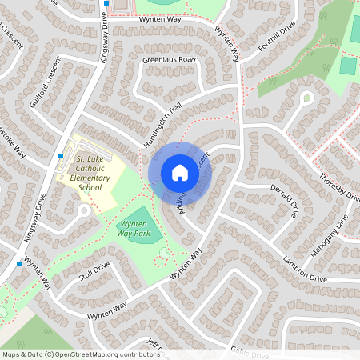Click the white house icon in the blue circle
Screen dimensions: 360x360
pyautogui.click(x=180, y=173)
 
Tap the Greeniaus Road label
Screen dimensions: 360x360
pyautogui.click(x=170, y=59)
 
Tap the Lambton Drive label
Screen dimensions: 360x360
pyautogui.click(x=305, y=267)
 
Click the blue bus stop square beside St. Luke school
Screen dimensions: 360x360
pyautogui.click(x=62, y=155)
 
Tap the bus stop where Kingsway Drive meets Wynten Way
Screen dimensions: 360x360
pyautogui.click(x=18, y=263)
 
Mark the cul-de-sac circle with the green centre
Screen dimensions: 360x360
pyautogui.click(x=306, y=98)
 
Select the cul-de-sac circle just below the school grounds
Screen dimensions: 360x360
pyautogui.click(x=83, y=210)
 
